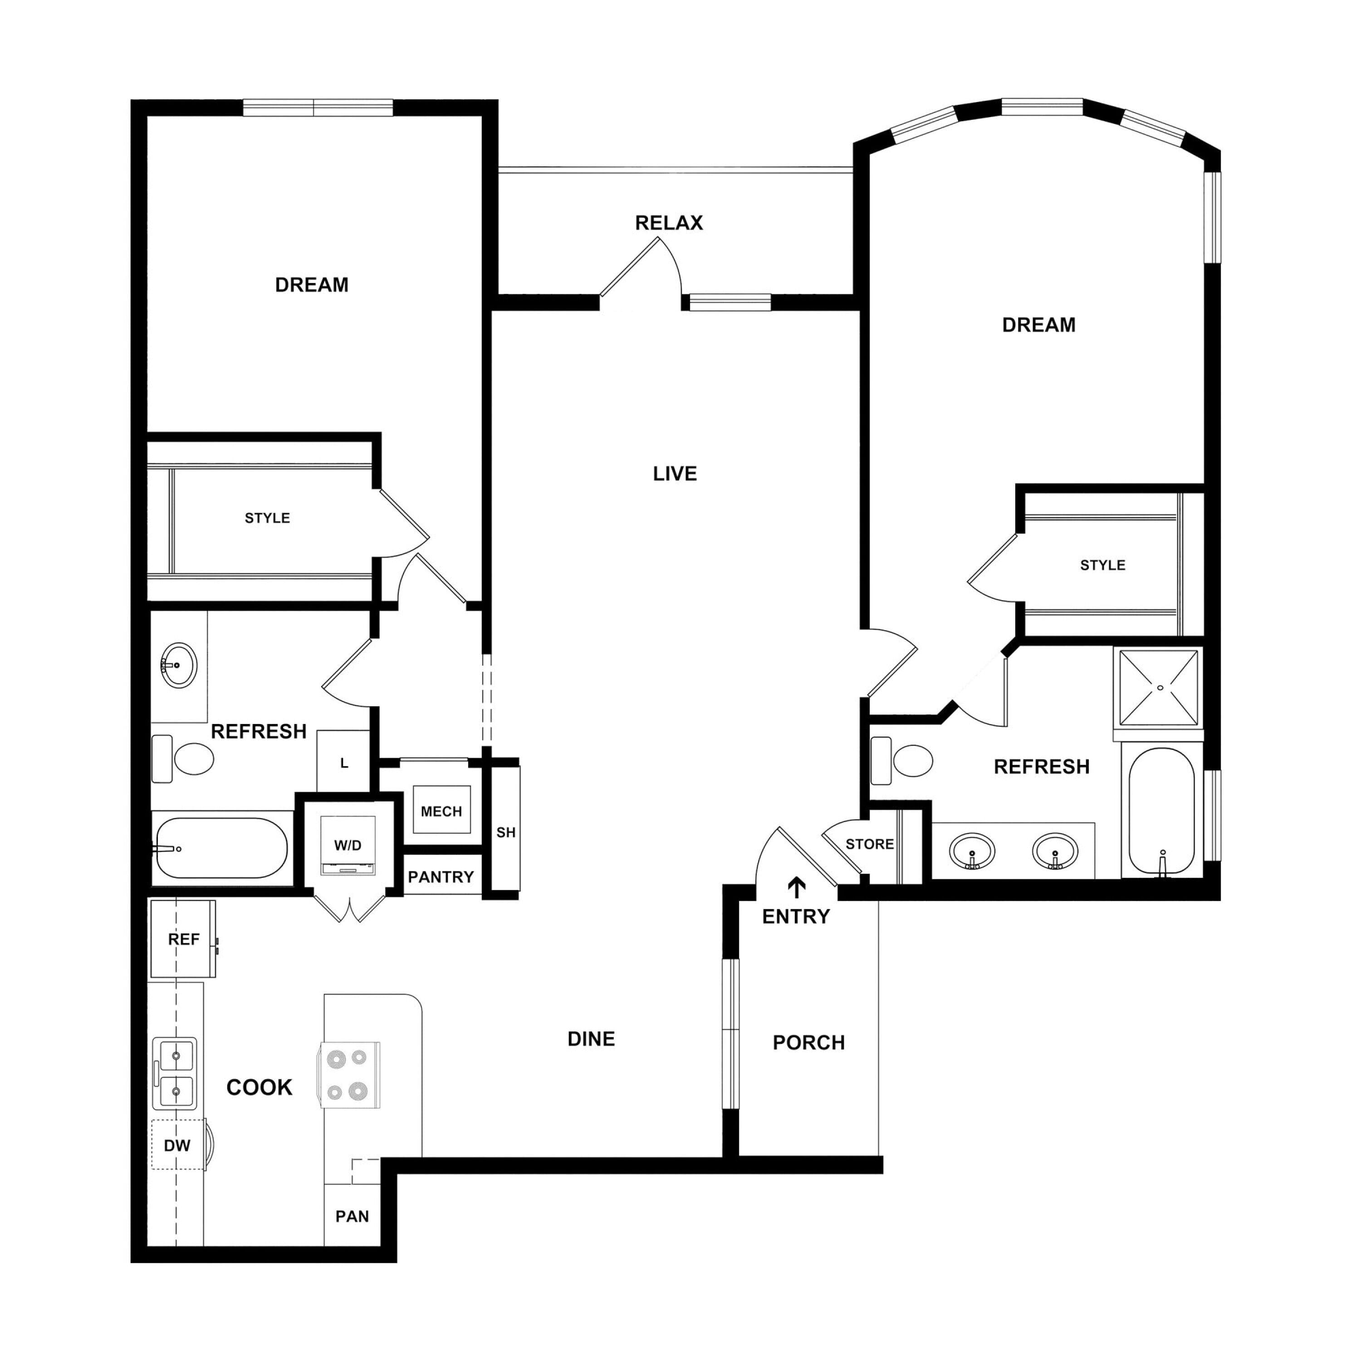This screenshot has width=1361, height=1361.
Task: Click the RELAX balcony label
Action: [669, 223]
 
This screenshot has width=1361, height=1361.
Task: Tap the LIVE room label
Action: [675, 473]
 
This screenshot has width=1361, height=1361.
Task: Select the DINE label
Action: [591, 1038]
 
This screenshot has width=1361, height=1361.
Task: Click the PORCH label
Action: [809, 1042]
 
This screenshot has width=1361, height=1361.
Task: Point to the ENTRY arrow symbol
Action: [796, 888]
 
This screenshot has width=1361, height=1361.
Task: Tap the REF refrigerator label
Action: [184, 939]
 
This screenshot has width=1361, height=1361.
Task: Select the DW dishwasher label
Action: [177, 1146]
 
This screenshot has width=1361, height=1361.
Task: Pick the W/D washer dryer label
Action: [348, 845]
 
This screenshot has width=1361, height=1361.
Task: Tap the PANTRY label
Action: [441, 877]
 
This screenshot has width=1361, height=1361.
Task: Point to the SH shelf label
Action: [506, 832]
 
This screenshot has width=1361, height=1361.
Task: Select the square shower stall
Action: [1159, 687]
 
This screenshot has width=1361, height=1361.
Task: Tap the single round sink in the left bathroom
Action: [178, 664]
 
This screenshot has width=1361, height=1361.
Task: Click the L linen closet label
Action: [344, 763]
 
